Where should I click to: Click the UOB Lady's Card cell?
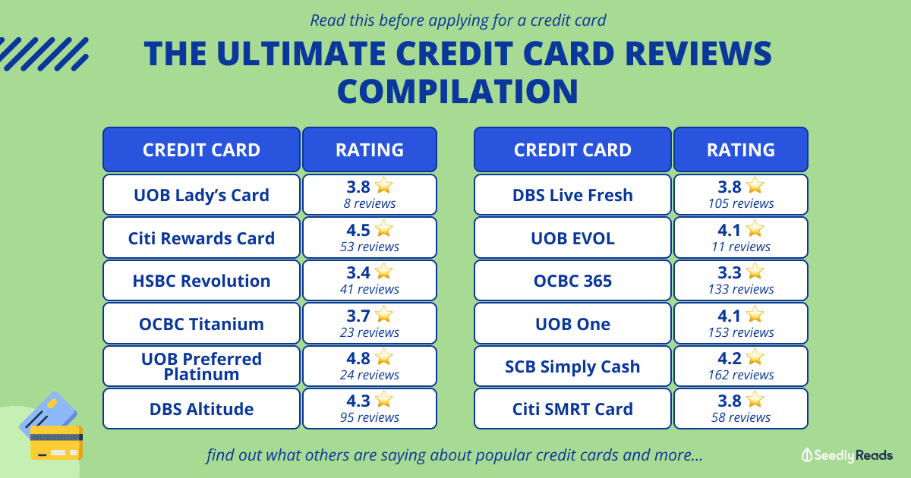pyautogui.click(x=201, y=195)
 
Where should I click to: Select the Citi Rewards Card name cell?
pyautogui.click(x=201, y=237)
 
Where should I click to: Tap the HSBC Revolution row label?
pyautogui.click(x=201, y=281)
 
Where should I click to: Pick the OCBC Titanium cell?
pyautogui.click(x=201, y=323)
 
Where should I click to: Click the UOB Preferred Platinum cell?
pyautogui.click(x=201, y=366)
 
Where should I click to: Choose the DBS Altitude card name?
pyautogui.click(x=201, y=409)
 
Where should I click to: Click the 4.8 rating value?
pyautogui.click(x=358, y=358)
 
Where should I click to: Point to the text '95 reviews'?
pyautogui.click(x=370, y=417)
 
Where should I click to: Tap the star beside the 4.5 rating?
pyautogui.click(x=384, y=228)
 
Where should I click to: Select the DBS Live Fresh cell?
pyautogui.click(x=572, y=195)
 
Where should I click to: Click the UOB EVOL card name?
pyautogui.click(x=572, y=237)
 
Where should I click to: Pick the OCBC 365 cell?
pyautogui.click(x=572, y=281)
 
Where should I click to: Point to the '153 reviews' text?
pyautogui.click(x=741, y=332)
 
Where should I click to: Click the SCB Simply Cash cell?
pyautogui.click(x=572, y=366)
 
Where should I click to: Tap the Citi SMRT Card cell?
pyautogui.click(x=572, y=409)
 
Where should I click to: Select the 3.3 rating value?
pyautogui.click(x=730, y=272)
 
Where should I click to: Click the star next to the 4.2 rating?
pyautogui.click(x=755, y=357)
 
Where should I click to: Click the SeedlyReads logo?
pyautogui.click(x=847, y=455)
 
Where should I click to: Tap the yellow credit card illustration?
pyautogui.click(x=56, y=442)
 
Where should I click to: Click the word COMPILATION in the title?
pyautogui.click(x=458, y=91)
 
